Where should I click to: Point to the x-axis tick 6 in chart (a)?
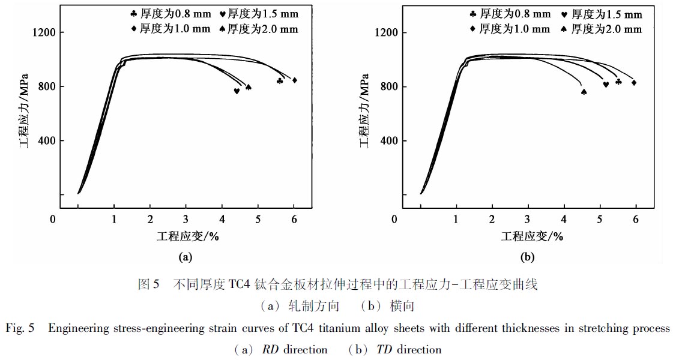pos(294,219)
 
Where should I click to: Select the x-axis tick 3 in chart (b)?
pos(528,219)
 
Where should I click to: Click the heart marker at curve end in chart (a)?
pos(237,91)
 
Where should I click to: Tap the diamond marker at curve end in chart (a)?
pos(294,80)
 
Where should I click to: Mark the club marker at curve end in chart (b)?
pos(618,82)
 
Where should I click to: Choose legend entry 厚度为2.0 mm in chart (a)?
pos(258,29)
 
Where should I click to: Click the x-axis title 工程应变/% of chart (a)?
pos(186,236)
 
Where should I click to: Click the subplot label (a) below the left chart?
pos(186,257)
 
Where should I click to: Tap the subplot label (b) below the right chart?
pos(528,257)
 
